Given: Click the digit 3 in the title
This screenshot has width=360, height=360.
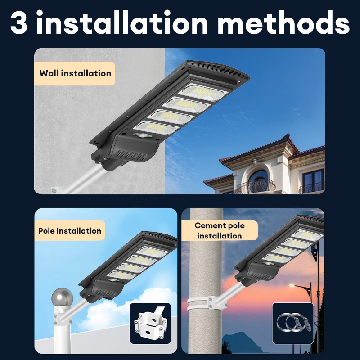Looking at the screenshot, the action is point(19,22).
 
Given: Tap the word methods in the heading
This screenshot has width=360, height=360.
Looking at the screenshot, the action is point(283,22).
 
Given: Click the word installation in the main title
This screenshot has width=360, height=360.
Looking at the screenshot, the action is point(122,22).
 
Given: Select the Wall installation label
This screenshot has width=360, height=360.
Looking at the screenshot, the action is point(74,73).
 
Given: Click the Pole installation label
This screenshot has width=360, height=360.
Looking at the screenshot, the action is point(70,230).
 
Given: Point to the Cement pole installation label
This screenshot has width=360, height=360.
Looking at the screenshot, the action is point(220,230).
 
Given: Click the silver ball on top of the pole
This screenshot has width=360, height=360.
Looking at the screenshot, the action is point(62,297).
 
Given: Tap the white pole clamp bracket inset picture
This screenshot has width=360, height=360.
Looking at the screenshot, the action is point(150,323).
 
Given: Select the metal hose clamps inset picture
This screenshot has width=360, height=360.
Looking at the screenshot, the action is point(293,323).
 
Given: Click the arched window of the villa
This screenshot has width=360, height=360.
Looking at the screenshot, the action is point(258,177).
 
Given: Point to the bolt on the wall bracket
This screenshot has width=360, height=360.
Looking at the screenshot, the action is point(54,190).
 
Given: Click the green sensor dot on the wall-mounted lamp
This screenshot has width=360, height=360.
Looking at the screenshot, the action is point(150,136).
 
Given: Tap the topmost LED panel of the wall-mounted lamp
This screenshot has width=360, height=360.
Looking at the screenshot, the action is point(203,92).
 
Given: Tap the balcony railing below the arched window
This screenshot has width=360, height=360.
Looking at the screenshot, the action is point(255,186).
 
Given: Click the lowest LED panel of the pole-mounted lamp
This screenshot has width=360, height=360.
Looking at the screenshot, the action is point(121,274).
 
